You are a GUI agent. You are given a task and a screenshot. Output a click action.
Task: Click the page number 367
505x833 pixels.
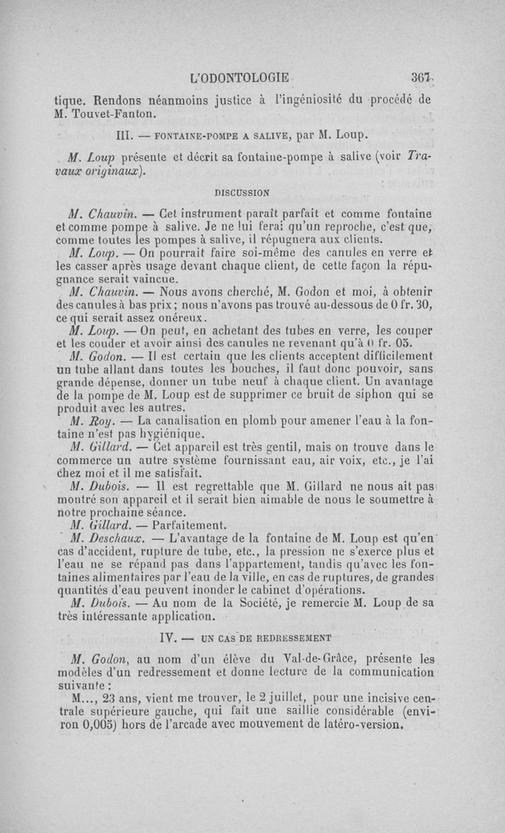tap(420, 78)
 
